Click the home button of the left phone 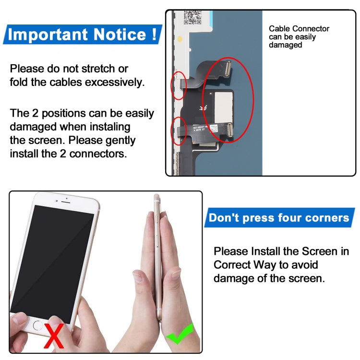pos(38,324)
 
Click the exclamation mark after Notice pos(153,35)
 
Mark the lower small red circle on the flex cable pos(179,131)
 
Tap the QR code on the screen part pos(192,17)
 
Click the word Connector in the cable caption pos(311,29)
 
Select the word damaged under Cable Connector pos(285,45)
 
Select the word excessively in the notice pos(114,82)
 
